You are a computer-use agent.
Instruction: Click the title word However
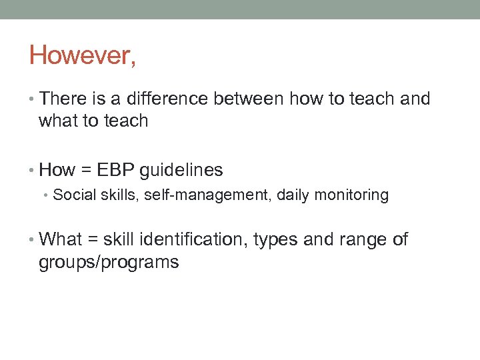click(x=82, y=55)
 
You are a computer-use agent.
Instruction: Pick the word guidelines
click(x=181, y=170)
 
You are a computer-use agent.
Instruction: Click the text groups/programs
click(x=109, y=262)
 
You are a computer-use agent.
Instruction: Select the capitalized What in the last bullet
click(x=60, y=239)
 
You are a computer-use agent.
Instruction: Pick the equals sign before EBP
click(x=85, y=171)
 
